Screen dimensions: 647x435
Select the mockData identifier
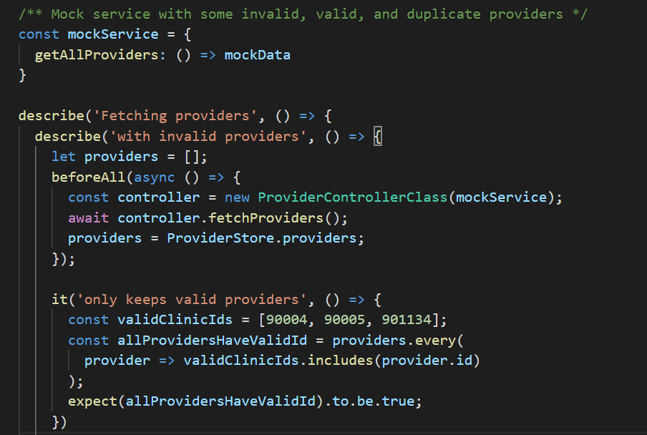pyautogui.click(x=258, y=54)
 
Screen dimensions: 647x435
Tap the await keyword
pyautogui.click(x=89, y=217)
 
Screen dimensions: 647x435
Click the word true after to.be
pyautogui.click(x=397, y=401)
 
